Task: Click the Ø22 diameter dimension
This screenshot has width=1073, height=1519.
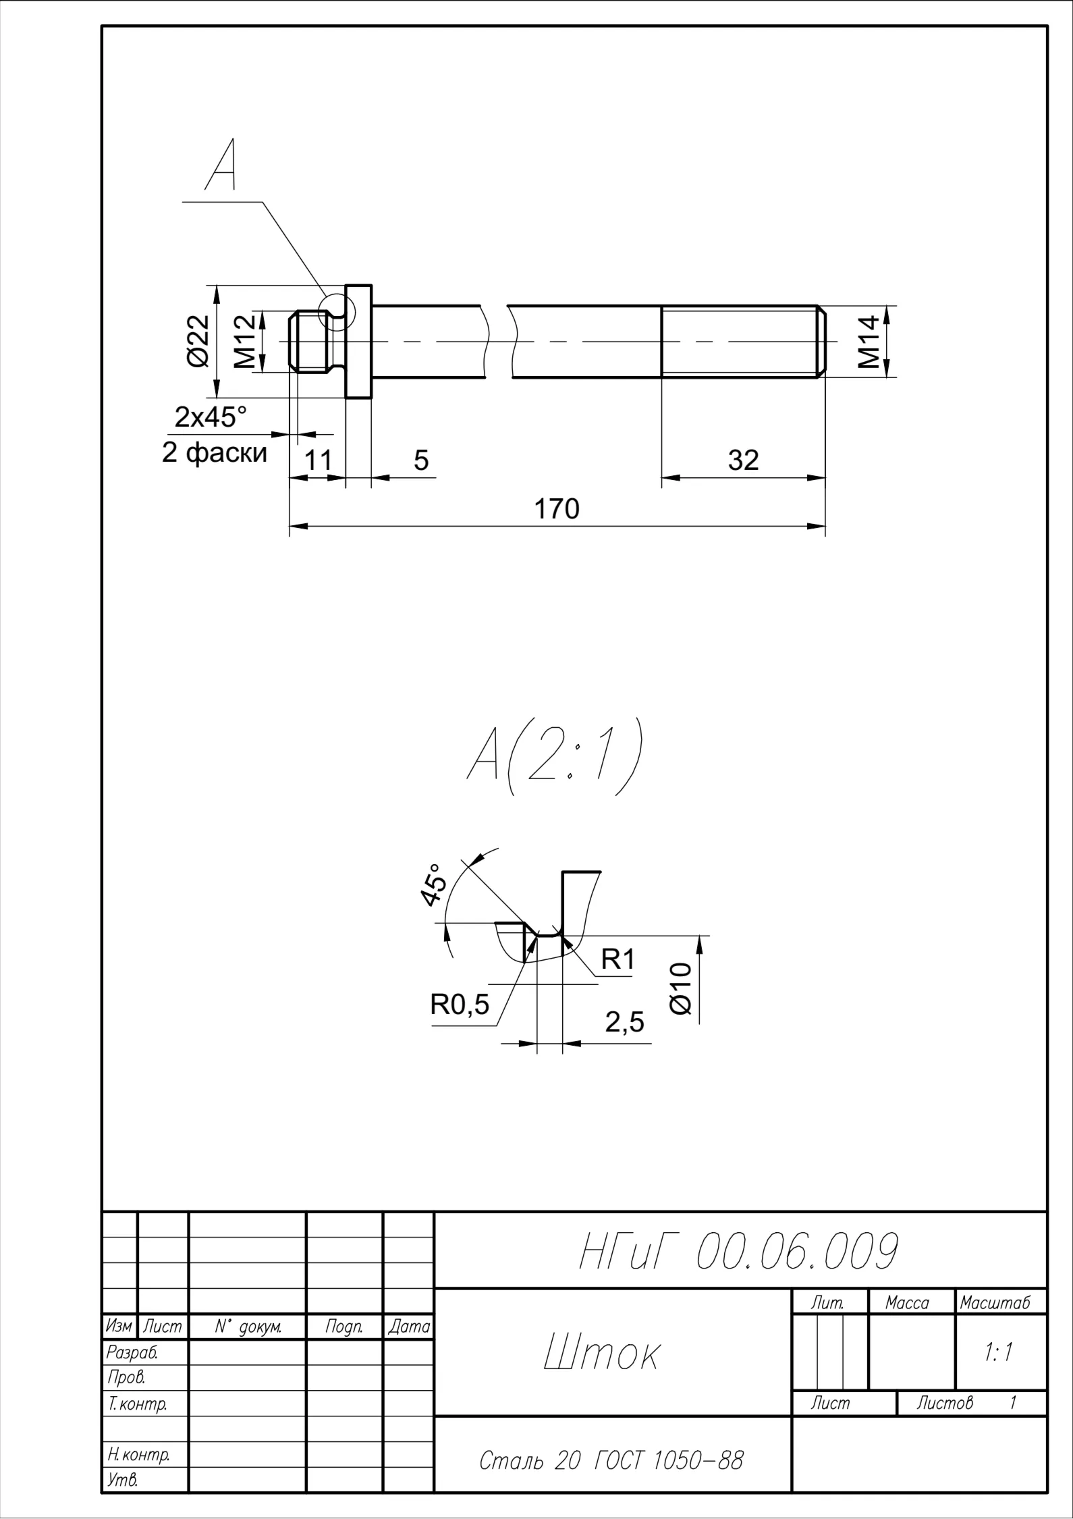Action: [x=198, y=341]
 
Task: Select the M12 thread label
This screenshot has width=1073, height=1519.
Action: [x=246, y=342]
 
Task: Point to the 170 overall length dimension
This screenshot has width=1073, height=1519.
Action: [x=557, y=509]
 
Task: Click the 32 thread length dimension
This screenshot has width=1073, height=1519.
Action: [x=744, y=460]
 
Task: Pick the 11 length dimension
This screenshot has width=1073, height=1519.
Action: [x=319, y=460]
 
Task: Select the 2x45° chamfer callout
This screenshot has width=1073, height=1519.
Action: [x=211, y=417]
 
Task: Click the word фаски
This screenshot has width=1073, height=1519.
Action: [x=227, y=452]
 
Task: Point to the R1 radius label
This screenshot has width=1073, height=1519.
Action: [x=618, y=959]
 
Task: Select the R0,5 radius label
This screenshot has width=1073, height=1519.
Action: [x=460, y=1005]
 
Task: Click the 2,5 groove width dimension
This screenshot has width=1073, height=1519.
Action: [x=625, y=1023]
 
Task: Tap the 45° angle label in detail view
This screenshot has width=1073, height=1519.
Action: [x=434, y=884]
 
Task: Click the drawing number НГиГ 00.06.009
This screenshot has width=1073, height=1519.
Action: [x=739, y=1251]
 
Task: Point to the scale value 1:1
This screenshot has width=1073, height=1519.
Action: [x=999, y=1352]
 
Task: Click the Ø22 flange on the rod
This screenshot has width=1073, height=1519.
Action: [x=358, y=342]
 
